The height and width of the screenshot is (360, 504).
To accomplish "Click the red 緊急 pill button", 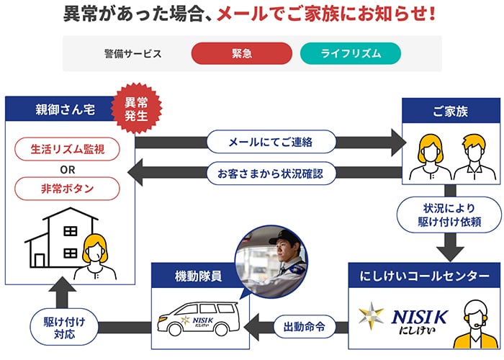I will pyautogui.click(x=241, y=53).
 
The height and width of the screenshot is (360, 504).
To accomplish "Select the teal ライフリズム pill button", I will pyautogui.click(x=350, y=53).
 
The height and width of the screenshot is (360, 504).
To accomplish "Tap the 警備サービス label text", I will pyautogui.click(x=132, y=53).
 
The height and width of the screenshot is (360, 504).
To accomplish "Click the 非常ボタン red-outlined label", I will pyautogui.click(x=67, y=189).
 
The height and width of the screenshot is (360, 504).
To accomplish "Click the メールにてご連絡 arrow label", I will pyautogui.click(x=271, y=141).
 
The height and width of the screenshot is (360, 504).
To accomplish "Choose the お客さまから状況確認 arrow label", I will pyautogui.click(x=271, y=173).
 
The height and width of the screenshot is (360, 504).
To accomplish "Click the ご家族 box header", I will pyautogui.click(x=450, y=112).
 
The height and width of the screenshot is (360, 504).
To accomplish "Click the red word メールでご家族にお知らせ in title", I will pyautogui.click(x=327, y=14).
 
